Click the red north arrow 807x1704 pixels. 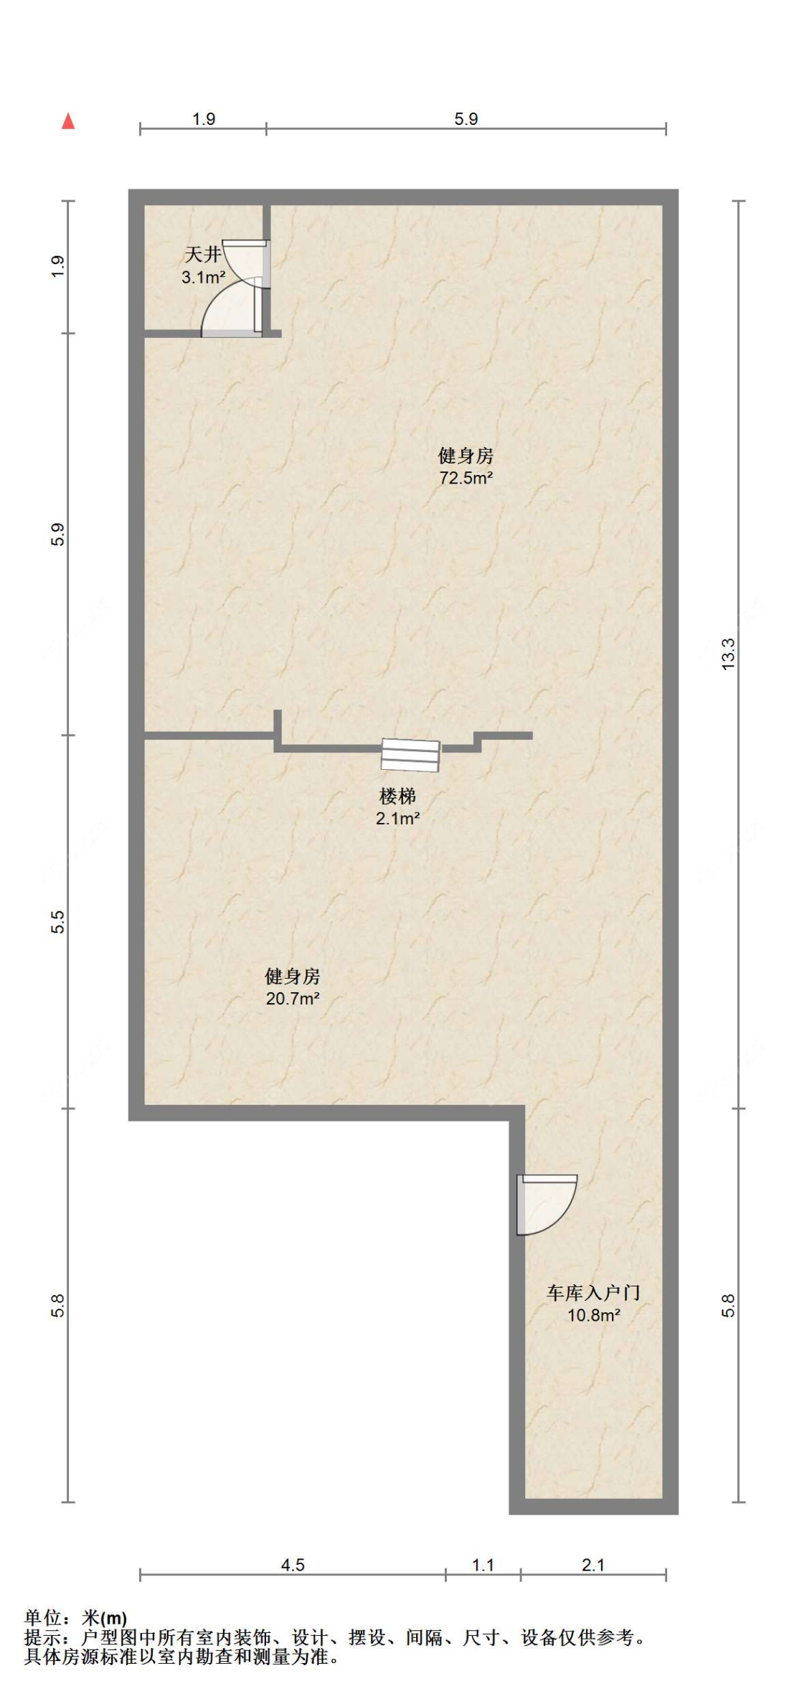68,121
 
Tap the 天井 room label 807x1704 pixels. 203,254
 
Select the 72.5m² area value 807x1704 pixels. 466,478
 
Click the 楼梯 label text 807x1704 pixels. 397,796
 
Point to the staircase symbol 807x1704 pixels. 410,755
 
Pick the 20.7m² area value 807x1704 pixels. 293,998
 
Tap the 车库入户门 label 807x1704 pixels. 593,1293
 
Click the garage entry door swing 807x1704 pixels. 547,1205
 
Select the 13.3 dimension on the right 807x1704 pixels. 728,654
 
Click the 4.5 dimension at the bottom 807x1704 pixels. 293,1565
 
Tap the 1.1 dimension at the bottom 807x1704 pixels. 483,1565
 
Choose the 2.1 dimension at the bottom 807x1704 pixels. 593,1565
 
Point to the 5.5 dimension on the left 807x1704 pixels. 58,922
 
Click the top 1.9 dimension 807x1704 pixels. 204,119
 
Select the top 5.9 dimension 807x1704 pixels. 466,119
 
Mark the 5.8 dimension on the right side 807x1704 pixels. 728,1305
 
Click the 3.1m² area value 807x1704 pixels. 204,277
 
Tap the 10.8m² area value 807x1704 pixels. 594,1315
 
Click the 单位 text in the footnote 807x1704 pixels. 42,1618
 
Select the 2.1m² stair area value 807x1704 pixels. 397,819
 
